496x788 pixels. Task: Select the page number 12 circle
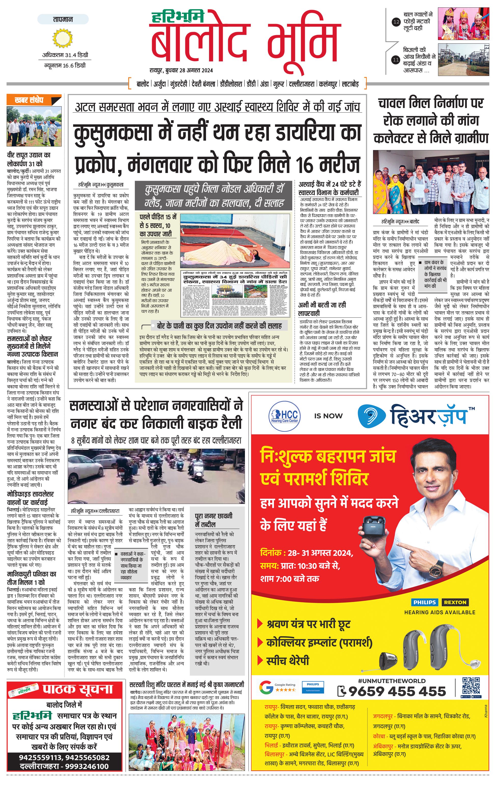tap(396, 22)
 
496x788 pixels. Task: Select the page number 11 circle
tap(396, 60)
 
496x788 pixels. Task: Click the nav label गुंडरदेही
tap(178, 84)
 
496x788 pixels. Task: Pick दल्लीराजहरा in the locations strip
tap(303, 84)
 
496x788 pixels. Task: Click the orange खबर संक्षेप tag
tap(30, 100)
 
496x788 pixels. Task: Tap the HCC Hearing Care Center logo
tap(285, 416)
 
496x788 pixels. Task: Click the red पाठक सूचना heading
tap(78, 689)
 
